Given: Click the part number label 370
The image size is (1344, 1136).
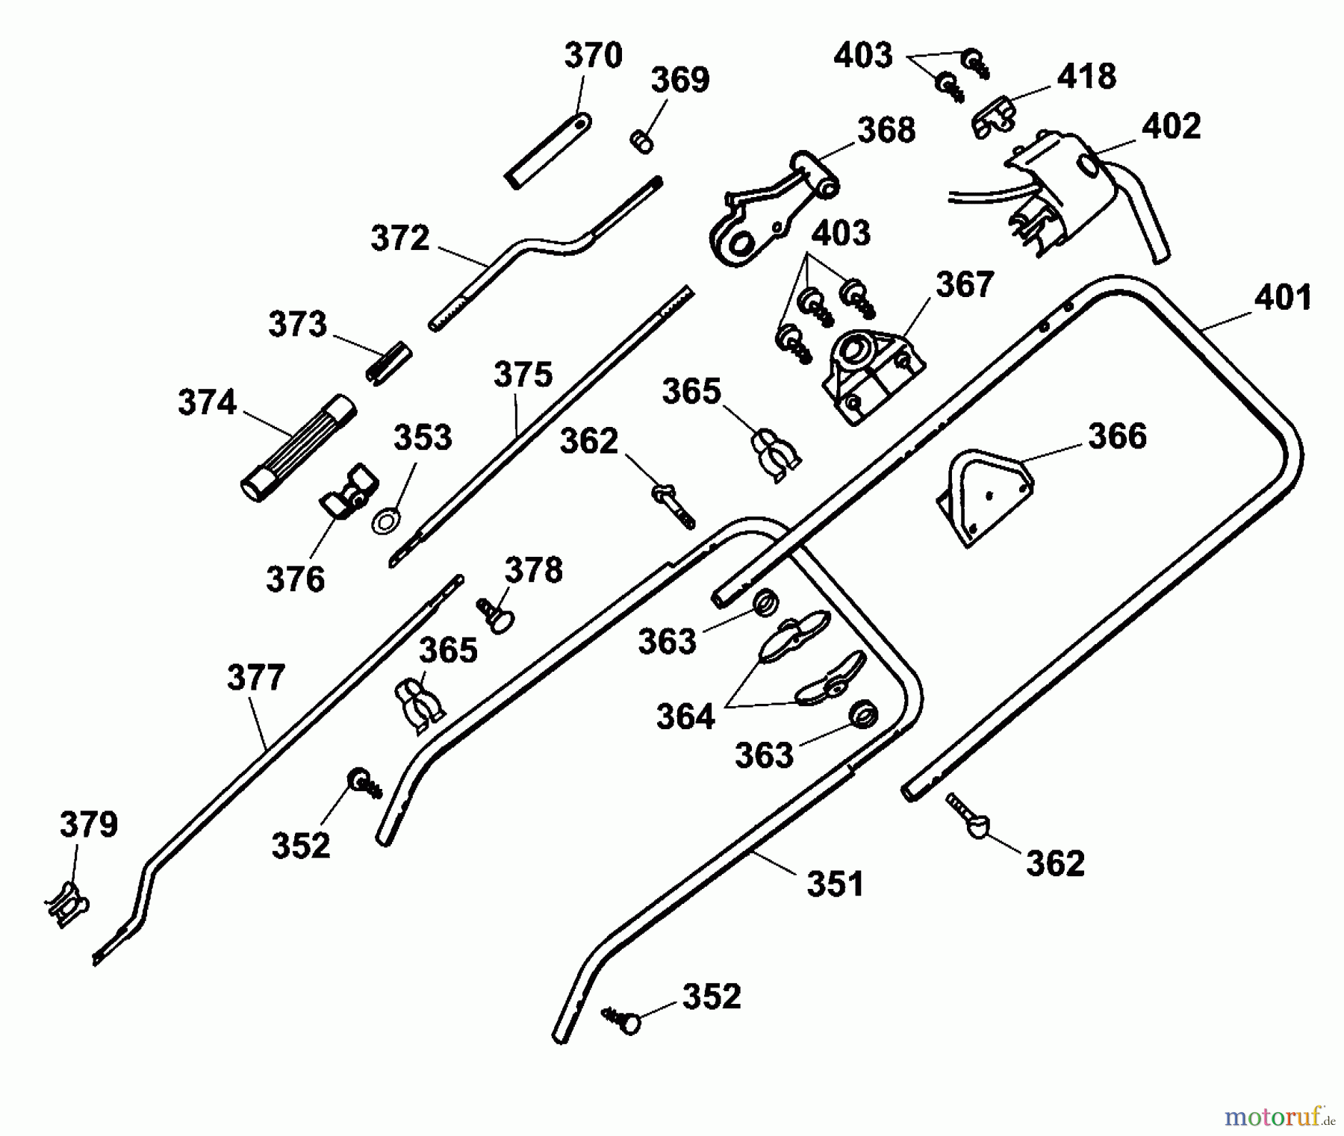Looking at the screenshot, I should (593, 56).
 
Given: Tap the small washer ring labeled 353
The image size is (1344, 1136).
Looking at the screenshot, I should (385, 520).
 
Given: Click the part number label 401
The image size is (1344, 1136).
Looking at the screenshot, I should (1283, 298).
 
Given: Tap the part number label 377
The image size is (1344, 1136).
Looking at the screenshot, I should (255, 678).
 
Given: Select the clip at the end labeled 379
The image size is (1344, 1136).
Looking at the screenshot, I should (66, 904).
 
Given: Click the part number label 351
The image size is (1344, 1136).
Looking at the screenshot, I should (835, 884).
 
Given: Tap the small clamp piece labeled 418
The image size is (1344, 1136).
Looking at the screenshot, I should (992, 116).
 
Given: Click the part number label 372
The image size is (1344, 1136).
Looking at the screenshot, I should (400, 239).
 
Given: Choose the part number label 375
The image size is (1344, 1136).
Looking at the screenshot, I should (523, 375).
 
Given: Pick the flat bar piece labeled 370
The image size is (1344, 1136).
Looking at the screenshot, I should (548, 150).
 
